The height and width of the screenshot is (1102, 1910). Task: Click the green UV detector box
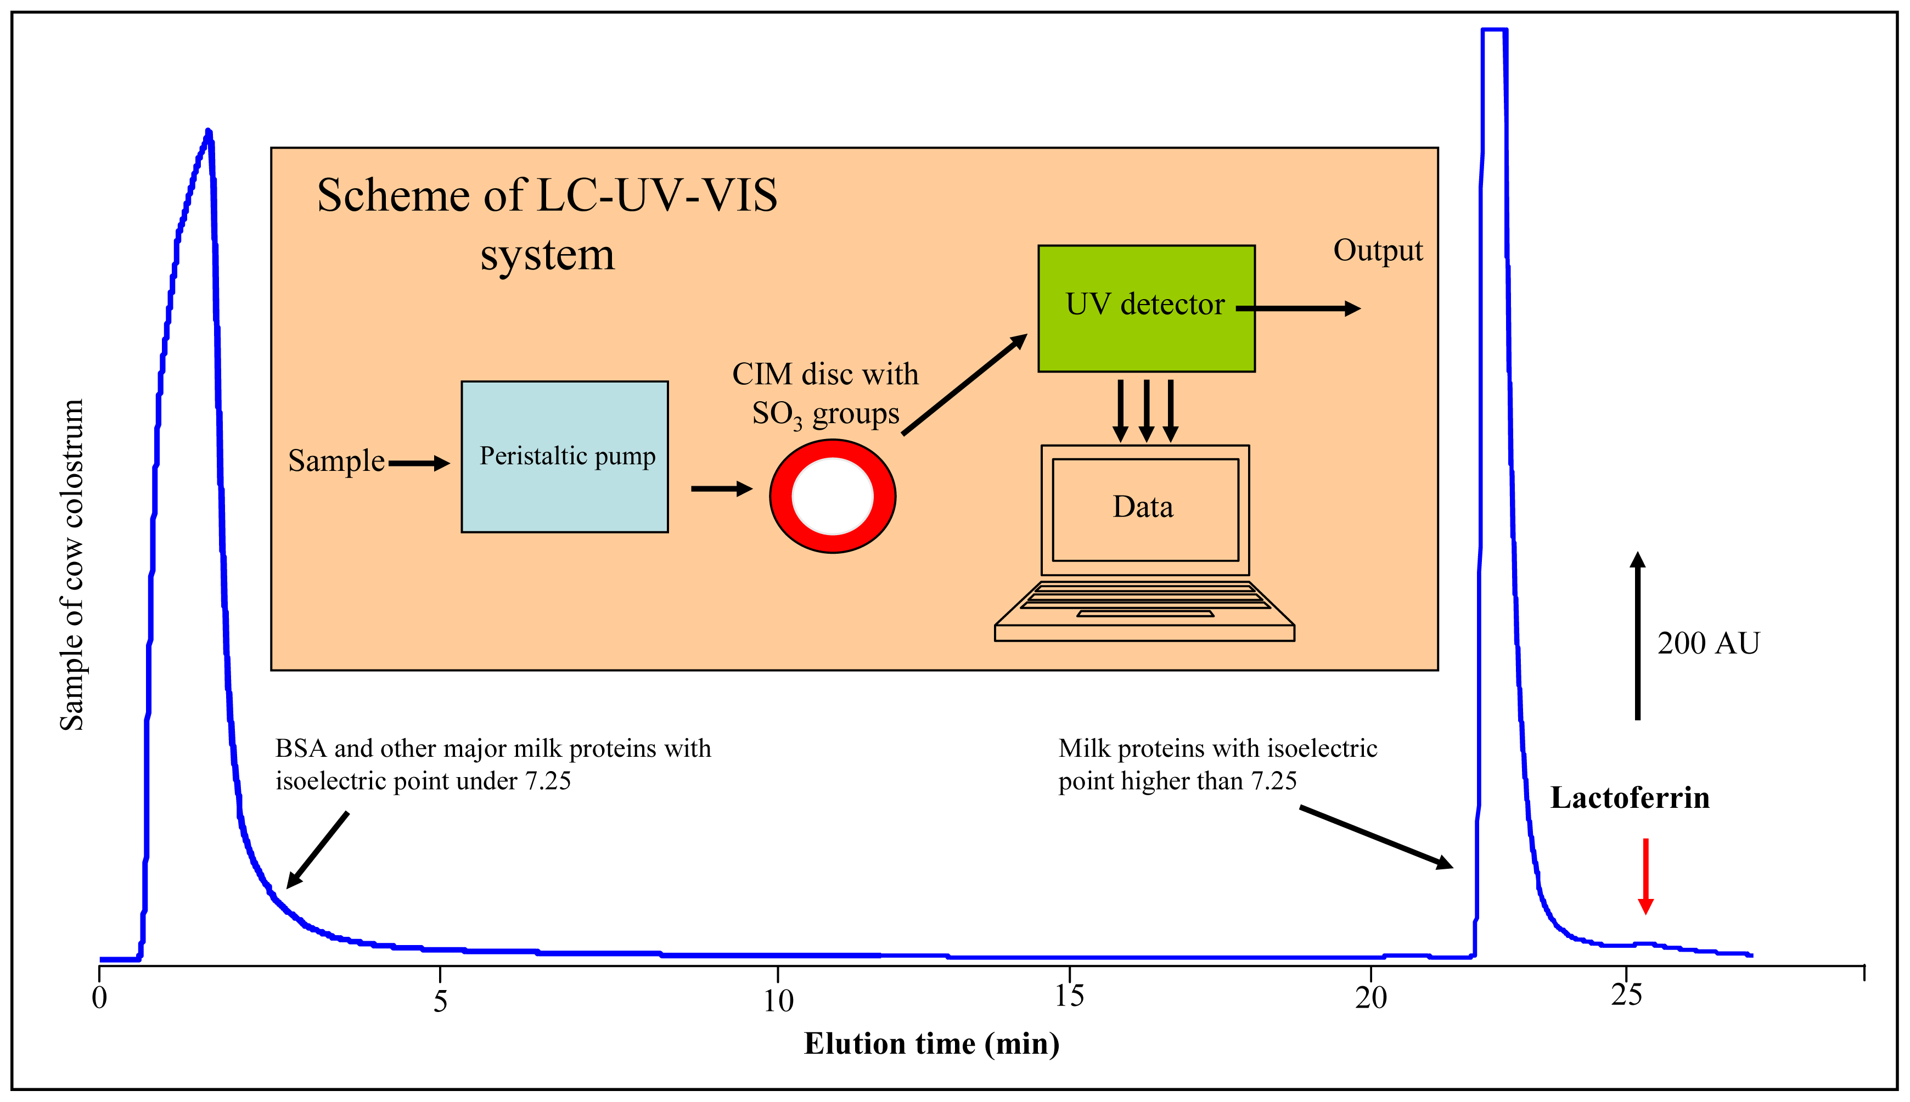tap(1145, 333)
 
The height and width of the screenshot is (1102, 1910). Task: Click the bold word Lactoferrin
tap(1629, 799)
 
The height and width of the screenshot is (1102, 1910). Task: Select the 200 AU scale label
tap(1708, 643)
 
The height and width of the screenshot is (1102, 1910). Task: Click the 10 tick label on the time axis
tap(778, 1000)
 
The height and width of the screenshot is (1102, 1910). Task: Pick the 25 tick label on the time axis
tap(1626, 996)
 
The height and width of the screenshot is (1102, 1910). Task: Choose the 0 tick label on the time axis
tap(99, 998)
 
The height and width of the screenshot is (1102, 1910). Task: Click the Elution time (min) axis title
tap(931, 1044)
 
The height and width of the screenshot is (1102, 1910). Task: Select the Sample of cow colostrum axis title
tap(72, 565)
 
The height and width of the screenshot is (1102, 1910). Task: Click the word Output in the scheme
tap(1377, 250)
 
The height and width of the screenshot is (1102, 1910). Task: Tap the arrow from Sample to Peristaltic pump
tap(418, 463)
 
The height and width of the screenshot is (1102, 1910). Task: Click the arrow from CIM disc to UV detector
tap(964, 385)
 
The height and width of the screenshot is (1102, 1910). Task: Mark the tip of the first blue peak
tap(209, 132)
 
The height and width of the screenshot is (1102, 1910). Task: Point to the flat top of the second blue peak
tap(1495, 30)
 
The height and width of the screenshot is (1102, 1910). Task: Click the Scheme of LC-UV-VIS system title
tap(547, 224)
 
